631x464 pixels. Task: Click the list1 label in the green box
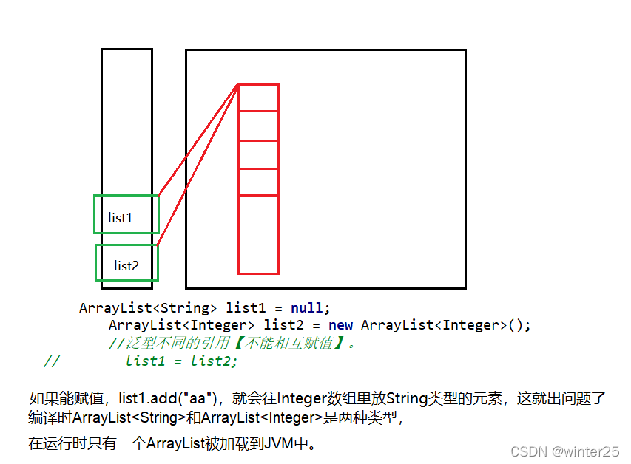(120, 218)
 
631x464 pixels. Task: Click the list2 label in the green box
(126, 265)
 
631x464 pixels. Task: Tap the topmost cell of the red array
(258, 98)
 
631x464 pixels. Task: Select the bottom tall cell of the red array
(258, 234)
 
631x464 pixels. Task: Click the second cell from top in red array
(258, 126)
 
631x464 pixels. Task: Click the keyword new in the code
(340, 325)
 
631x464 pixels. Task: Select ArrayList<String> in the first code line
(148, 307)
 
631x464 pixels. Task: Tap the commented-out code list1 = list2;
(182, 361)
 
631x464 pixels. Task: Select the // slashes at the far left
(50, 361)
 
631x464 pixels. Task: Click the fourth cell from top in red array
(258, 182)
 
